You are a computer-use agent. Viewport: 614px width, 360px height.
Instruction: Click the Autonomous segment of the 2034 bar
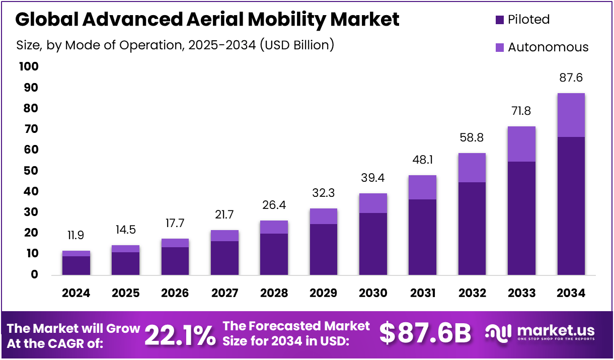coord(571,115)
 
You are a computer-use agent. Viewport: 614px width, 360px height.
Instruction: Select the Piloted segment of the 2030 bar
coord(373,244)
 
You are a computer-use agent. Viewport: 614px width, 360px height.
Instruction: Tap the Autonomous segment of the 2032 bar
coord(472,168)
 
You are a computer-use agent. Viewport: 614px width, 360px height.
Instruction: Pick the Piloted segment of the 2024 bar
coord(76,265)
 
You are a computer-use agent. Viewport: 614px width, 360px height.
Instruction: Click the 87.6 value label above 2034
coord(571,78)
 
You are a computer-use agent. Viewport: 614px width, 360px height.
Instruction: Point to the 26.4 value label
coord(274,206)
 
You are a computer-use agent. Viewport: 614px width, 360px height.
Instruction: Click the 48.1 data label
coord(422,161)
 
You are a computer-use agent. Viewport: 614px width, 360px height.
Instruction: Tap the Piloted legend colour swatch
coord(499,20)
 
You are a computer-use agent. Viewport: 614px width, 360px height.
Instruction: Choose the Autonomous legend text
coord(548,47)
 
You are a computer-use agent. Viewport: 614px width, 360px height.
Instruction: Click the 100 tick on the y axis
coord(28,67)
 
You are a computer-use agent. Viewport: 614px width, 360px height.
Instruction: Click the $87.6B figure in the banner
coord(425,333)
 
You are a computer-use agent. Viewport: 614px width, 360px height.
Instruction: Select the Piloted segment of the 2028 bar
coord(274,254)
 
